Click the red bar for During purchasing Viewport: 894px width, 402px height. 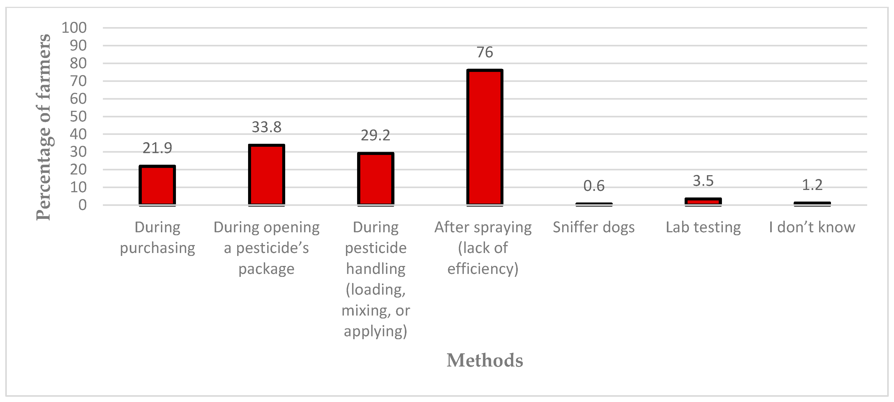157,186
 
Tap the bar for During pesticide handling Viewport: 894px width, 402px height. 376,179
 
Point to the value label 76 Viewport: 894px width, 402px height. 485,52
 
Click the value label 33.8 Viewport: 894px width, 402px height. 267,127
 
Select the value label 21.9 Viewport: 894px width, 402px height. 157,149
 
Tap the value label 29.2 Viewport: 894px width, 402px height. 376,136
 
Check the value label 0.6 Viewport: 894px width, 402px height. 594,186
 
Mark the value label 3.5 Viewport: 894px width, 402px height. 703,181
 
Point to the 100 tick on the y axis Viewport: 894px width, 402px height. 74,28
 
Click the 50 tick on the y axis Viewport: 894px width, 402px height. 78,116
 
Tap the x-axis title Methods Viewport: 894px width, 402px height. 485,360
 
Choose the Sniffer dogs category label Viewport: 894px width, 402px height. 594,228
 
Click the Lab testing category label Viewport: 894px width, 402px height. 703,228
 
